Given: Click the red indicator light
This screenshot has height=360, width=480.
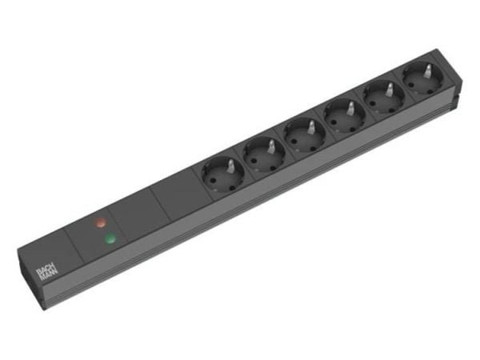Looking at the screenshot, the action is coord(100,222).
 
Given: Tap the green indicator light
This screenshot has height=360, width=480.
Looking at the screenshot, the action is coord(110,238).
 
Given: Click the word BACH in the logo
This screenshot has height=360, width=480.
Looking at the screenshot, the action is coord(42,271).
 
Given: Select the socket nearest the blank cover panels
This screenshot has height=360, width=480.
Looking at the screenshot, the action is coord(222,174).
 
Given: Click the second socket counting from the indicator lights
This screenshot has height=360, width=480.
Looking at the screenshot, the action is coord(264,154).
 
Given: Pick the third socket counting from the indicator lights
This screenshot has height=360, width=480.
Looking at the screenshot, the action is coord(305,135).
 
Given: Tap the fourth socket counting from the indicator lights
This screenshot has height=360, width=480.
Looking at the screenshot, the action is coord(344,117).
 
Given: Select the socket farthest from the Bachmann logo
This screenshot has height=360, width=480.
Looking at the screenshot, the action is coord(422,78).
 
